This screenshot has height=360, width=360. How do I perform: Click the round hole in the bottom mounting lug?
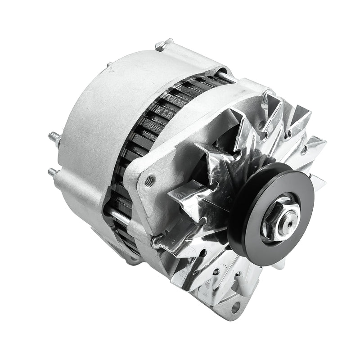click(235, 308)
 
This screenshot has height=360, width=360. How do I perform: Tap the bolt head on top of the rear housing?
click(164, 44)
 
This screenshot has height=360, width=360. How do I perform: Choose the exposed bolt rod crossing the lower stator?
click(119, 219)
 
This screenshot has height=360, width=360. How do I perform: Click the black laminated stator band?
click(148, 121)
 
